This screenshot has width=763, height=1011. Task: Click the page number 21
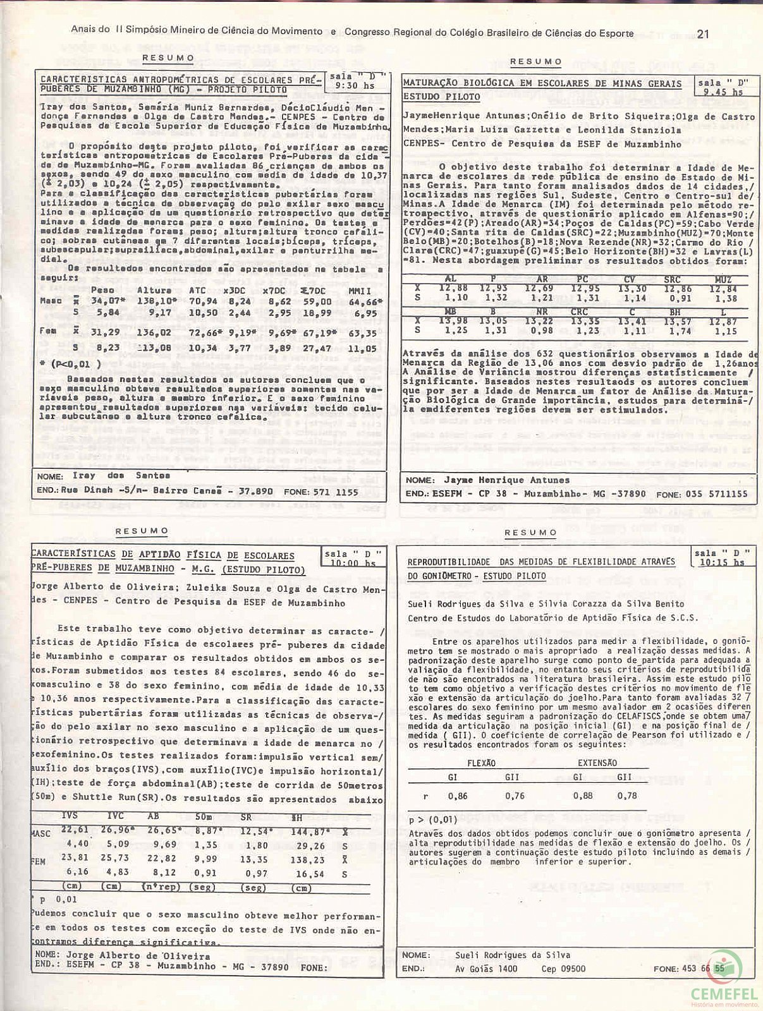pos(702,33)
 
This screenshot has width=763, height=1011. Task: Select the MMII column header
pos(361,290)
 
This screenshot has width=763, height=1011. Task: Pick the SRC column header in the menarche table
pos(671,279)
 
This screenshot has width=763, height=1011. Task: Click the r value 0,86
pos(458,796)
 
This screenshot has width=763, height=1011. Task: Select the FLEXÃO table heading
pos(481,763)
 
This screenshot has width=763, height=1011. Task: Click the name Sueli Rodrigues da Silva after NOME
pos(512,955)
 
